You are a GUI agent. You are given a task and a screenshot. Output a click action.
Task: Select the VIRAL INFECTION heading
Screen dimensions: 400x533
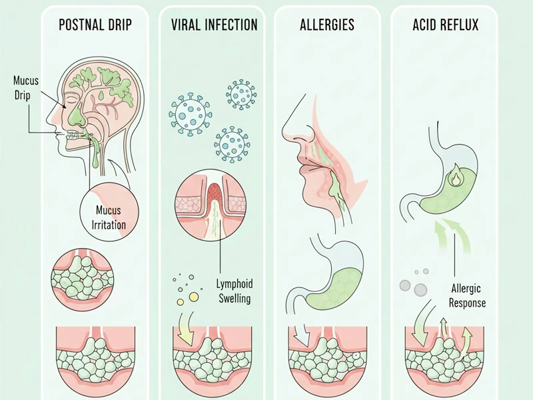(214, 25)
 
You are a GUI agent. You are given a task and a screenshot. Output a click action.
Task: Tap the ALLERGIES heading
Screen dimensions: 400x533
(327, 26)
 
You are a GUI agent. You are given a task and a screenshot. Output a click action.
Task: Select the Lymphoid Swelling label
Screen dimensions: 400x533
(235, 291)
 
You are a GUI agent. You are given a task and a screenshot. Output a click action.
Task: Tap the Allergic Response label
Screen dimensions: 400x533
(466, 295)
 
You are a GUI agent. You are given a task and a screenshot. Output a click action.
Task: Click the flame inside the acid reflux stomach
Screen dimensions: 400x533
(455, 178)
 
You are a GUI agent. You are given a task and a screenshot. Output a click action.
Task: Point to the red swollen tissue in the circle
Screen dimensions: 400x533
(213, 193)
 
